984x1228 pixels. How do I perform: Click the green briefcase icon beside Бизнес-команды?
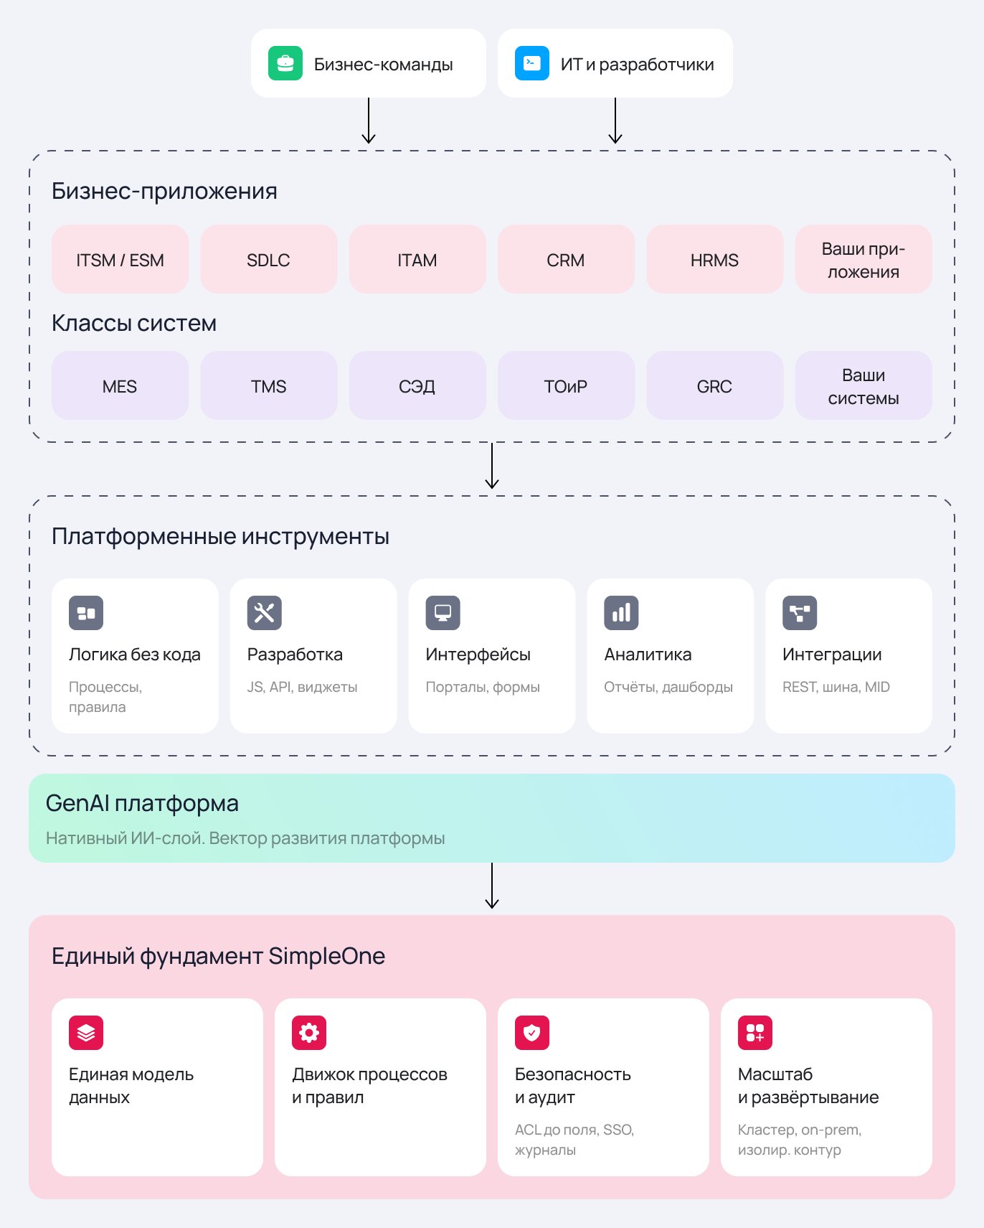pos(285,63)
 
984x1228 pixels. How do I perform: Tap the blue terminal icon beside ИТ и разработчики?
pos(532,63)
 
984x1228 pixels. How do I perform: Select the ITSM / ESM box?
pos(120,259)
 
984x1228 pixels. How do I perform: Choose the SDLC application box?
pos(269,259)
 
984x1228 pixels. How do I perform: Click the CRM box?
pos(567,259)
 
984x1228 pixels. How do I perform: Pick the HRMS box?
pos(715,259)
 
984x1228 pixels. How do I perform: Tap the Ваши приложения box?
pos(864,259)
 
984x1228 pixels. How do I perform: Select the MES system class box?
pos(120,385)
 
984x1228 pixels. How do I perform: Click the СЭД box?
pos(417,385)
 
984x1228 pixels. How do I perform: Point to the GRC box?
pos(715,385)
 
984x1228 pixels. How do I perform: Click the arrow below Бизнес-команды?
pos(369,121)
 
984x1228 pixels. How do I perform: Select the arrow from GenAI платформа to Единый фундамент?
pos(492,886)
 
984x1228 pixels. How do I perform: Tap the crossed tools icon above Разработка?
pos(265,613)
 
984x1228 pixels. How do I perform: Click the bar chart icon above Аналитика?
pos(621,613)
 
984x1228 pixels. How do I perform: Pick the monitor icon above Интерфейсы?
pos(443,613)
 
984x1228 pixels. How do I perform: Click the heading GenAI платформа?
pos(142,804)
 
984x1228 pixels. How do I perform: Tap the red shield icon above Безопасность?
pos(532,1033)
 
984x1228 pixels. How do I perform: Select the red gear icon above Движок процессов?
pos(309,1033)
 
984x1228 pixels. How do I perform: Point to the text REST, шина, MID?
pos(836,687)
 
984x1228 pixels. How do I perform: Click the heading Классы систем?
pos(134,324)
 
